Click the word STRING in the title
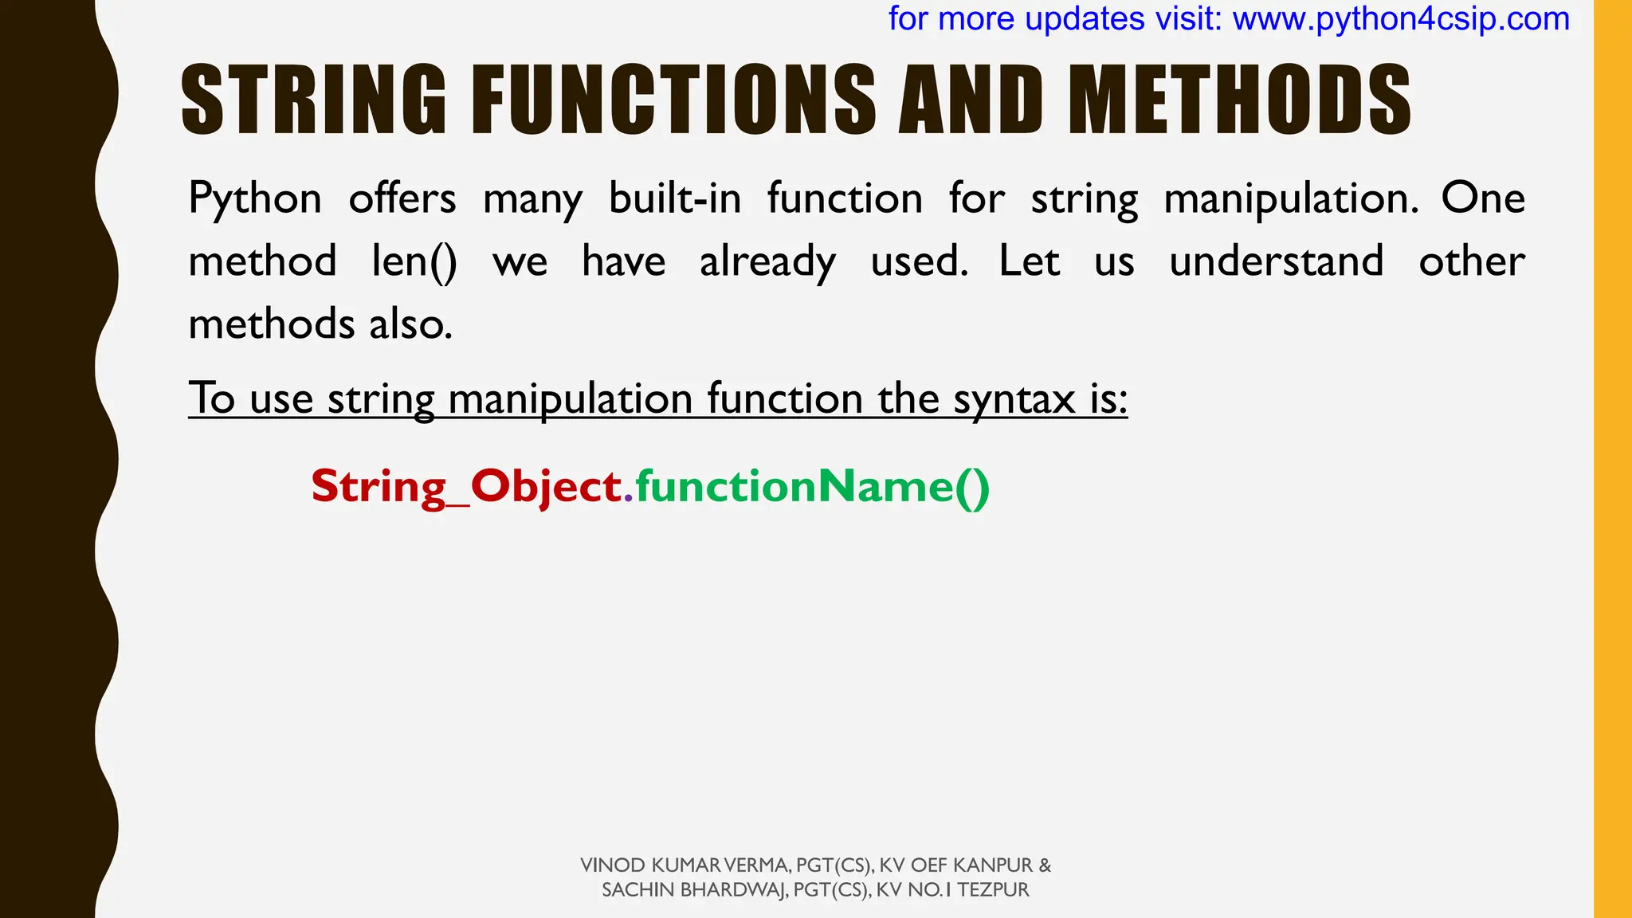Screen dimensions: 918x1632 (x=314, y=100)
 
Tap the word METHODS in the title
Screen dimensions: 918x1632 (x=1239, y=100)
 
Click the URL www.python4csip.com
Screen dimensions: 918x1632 (x=1401, y=19)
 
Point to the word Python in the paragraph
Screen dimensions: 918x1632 (x=255, y=199)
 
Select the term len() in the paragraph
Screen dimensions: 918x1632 (x=414, y=261)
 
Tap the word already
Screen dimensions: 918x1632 (x=767, y=263)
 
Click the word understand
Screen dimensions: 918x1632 (x=1276, y=261)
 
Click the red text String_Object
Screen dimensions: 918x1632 (x=466, y=486)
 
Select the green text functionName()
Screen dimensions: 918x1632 (x=812, y=486)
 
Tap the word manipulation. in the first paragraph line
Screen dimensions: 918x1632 (x=1291, y=199)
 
